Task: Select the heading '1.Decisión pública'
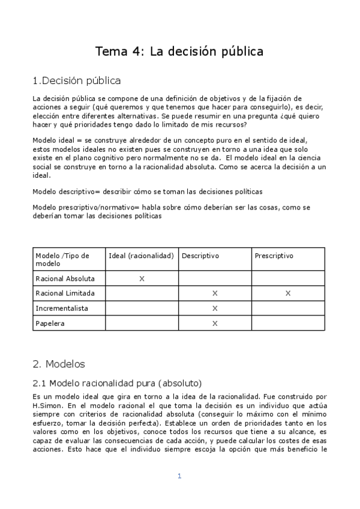[x=77, y=80]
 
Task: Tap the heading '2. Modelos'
[x=59, y=363]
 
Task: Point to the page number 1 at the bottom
[x=179, y=476]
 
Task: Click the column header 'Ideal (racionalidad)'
[x=142, y=256]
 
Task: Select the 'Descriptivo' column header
[x=200, y=256]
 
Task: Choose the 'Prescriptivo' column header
[x=274, y=256]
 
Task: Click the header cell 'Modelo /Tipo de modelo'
[x=62, y=259]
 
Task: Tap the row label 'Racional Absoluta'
[x=65, y=279]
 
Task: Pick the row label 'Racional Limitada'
[x=65, y=293]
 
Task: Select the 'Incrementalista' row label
[x=62, y=308]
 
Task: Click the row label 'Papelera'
[x=50, y=323]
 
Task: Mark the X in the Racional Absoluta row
[x=142, y=279]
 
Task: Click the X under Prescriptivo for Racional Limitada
[x=288, y=293]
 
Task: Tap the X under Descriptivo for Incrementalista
[x=215, y=308]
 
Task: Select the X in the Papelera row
[x=215, y=323]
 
